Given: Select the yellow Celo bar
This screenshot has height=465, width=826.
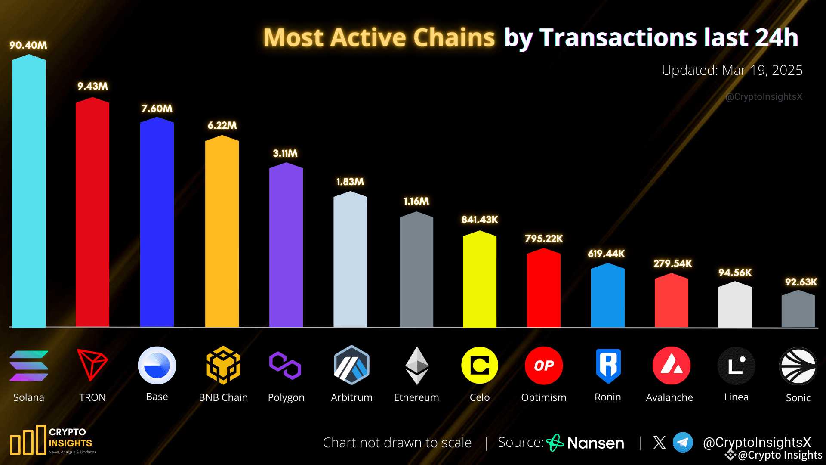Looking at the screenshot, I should pyautogui.click(x=479, y=280).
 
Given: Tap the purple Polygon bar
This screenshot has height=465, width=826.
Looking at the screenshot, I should pyautogui.click(x=286, y=245).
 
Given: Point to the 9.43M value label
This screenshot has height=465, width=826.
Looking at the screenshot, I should pyautogui.click(x=92, y=86).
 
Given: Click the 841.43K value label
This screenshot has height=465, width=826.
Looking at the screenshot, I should pyautogui.click(x=480, y=220).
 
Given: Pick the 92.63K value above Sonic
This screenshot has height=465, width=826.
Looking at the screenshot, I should pyautogui.click(x=801, y=282).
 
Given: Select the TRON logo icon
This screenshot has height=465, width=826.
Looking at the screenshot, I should pyautogui.click(x=92, y=365).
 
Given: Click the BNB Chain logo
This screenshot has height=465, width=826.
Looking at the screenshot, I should pyautogui.click(x=223, y=365).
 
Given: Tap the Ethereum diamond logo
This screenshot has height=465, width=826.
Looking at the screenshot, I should pyautogui.click(x=416, y=366).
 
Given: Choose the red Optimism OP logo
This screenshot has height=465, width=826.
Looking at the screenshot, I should pyautogui.click(x=544, y=366).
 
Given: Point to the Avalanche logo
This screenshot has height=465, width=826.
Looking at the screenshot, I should pyautogui.click(x=671, y=366).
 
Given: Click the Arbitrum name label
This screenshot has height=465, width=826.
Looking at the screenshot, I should pyautogui.click(x=351, y=397).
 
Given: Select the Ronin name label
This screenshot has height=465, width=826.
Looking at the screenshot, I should pyautogui.click(x=607, y=397).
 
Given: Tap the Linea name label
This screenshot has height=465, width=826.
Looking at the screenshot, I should pyautogui.click(x=736, y=397).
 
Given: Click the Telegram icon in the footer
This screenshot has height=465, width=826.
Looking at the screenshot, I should pyautogui.click(x=683, y=442).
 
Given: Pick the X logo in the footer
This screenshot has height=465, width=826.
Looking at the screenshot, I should pyautogui.click(x=659, y=442).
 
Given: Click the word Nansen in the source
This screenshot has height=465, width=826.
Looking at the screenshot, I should pyautogui.click(x=595, y=443).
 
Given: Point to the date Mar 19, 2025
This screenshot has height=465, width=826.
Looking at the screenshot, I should pyautogui.click(x=762, y=70).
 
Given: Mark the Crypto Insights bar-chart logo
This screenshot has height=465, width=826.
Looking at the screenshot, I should pyautogui.click(x=28, y=440).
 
